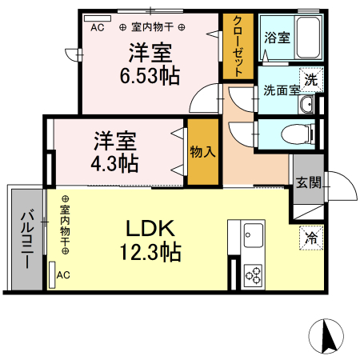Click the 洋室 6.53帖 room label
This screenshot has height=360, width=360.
[151, 64]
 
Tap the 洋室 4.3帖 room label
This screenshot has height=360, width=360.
[116, 151]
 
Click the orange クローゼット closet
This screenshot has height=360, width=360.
[234, 46]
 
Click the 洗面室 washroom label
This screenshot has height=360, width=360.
[281, 90]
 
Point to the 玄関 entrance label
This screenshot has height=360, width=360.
[308, 182]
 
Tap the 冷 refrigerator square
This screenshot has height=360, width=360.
[310, 237]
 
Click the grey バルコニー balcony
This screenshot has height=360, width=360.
[25, 239]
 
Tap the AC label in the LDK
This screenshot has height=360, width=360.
[63, 274]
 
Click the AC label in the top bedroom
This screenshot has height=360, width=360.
[98, 26]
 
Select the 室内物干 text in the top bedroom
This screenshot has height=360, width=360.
[153, 26]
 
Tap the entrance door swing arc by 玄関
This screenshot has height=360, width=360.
[342, 189]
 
